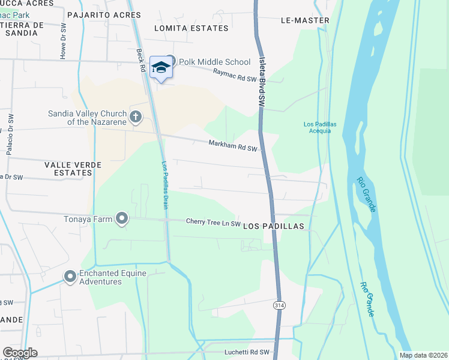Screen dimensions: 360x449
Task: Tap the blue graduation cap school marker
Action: (x=160, y=67)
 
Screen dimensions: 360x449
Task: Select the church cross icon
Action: (x=136, y=116)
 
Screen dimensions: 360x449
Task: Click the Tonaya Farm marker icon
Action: (x=122, y=219)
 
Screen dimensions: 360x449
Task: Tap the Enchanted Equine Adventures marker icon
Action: (x=70, y=277)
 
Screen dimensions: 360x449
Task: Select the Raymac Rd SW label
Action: (x=239, y=75)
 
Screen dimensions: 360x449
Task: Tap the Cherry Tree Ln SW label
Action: (x=213, y=222)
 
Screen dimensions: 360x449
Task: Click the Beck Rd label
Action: (x=142, y=60)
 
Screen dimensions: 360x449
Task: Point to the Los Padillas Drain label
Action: (x=165, y=185)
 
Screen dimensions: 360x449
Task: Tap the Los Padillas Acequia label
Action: (x=317, y=128)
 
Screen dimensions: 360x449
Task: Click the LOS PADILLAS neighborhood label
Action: (x=274, y=226)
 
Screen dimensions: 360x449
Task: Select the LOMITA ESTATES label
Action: (x=191, y=28)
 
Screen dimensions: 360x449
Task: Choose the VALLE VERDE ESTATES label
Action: (x=68, y=169)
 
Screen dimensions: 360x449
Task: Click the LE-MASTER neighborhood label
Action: (x=305, y=20)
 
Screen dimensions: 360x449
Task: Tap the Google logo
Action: (x=20, y=353)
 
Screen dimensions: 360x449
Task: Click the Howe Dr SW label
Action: (x=63, y=44)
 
